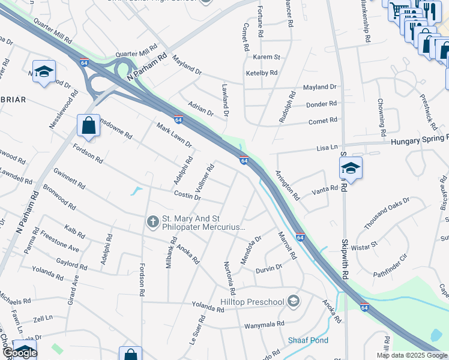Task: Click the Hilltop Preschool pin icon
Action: [x=294, y=301]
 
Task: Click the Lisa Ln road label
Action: [x=327, y=148]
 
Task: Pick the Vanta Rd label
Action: [x=325, y=192]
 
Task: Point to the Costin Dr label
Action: [x=187, y=196]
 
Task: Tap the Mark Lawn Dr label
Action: [x=173, y=136]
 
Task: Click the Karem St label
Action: [x=267, y=57]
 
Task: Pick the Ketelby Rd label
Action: [x=262, y=73]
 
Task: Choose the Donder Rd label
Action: [x=322, y=104]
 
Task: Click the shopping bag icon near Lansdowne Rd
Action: [x=88, y=126]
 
